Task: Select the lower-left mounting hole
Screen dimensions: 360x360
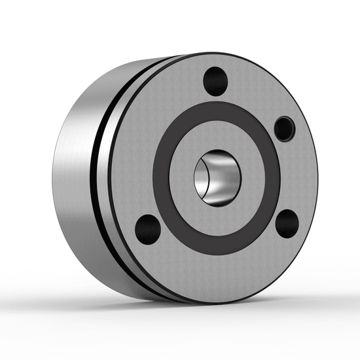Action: [x=147, y=228]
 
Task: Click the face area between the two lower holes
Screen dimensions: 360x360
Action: [x=216, y=259]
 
